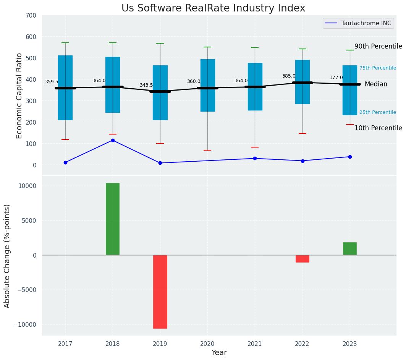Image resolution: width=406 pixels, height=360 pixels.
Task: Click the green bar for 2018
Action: (113, 219)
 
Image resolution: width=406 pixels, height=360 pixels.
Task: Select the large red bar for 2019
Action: (160, 292)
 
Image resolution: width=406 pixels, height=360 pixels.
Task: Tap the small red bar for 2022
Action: (302, 259)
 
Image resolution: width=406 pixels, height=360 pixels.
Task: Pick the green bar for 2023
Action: (350, 249)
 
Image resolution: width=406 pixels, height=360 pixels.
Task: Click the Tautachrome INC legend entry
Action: (358, 23)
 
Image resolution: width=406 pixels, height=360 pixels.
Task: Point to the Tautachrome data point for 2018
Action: (113, 140)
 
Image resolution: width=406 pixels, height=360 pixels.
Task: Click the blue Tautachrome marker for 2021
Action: (255, 158)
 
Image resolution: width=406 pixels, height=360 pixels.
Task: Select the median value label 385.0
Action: (289, 76)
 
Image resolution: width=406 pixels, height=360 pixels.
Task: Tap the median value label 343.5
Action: (146, 85)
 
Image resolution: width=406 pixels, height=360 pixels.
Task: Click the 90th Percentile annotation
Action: (378, 46)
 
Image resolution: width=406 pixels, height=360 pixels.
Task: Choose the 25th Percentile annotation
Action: (377, 112)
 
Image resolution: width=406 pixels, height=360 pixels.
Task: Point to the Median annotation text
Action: (376, 84)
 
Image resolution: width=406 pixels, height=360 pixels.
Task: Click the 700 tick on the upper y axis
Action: (31, 16)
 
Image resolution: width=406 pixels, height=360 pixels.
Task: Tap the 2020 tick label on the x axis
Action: (207, 344)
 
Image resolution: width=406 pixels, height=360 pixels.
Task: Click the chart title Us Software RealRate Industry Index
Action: (214, 8)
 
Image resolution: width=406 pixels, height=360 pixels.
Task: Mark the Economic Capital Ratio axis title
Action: (19, 96)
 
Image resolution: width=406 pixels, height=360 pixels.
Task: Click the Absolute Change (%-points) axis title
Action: (7, 256)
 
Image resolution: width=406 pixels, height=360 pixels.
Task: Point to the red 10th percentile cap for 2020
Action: (207, 150)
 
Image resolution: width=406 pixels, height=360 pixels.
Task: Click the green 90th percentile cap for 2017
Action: (65, 43)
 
